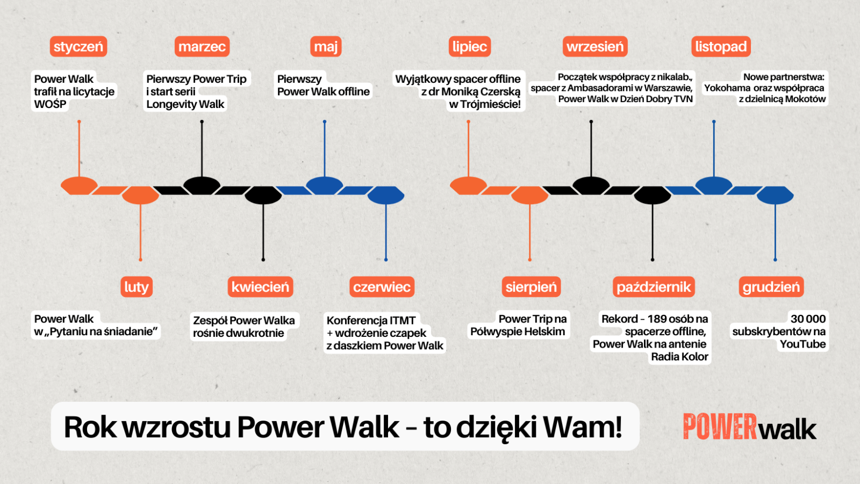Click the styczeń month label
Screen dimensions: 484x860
point(78,47)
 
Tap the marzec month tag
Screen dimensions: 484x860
point(202,47)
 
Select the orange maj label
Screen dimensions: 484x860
point(326,47)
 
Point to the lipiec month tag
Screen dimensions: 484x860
point(470,47)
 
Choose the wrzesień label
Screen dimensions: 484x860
point(595,47)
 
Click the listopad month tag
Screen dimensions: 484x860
point(721,47)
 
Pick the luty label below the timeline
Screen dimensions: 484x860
point(137,287)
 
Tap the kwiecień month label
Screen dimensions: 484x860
point(260,287)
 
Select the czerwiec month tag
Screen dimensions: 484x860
point(382,287)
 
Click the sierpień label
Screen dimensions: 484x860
point(531,287)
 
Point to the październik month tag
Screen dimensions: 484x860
point(654,287)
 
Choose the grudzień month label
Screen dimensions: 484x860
point(771,287)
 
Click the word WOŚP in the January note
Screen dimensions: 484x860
point(50,104)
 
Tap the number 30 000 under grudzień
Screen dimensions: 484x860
point(808,319)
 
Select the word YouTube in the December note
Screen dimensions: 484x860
point(802,344)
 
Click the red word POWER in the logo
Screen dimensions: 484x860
point(720,427)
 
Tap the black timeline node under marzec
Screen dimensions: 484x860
point(202,185)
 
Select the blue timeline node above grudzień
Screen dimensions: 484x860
point(775,195)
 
